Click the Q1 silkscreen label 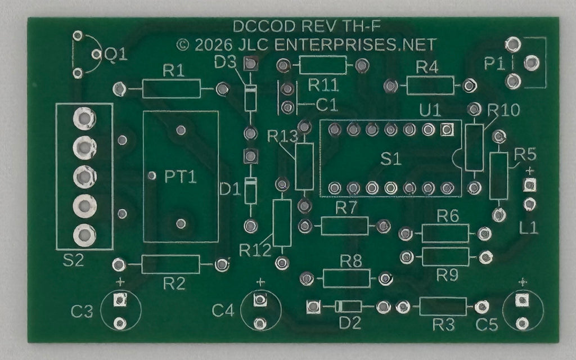click(x=116, y=55)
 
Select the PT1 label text click(x=181, y=177)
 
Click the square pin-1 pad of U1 click(x=447, y=129)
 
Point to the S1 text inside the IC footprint click(x=390, y=159)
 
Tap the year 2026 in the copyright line click(x=213, y=45)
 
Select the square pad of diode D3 click(x=251, y=64)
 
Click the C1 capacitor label click(x=327, y=105)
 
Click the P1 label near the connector click(x=494, y=64)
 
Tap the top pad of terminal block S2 click(x=84, y=118)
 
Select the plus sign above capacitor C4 click(x=260, y=282)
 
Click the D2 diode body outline click(x=348, y=306)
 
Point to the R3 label click(x=443, y=325)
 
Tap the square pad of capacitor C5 click(x=522, y=300)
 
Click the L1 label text click(x=529, y=228)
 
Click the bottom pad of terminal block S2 click(x=84, y=235)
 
